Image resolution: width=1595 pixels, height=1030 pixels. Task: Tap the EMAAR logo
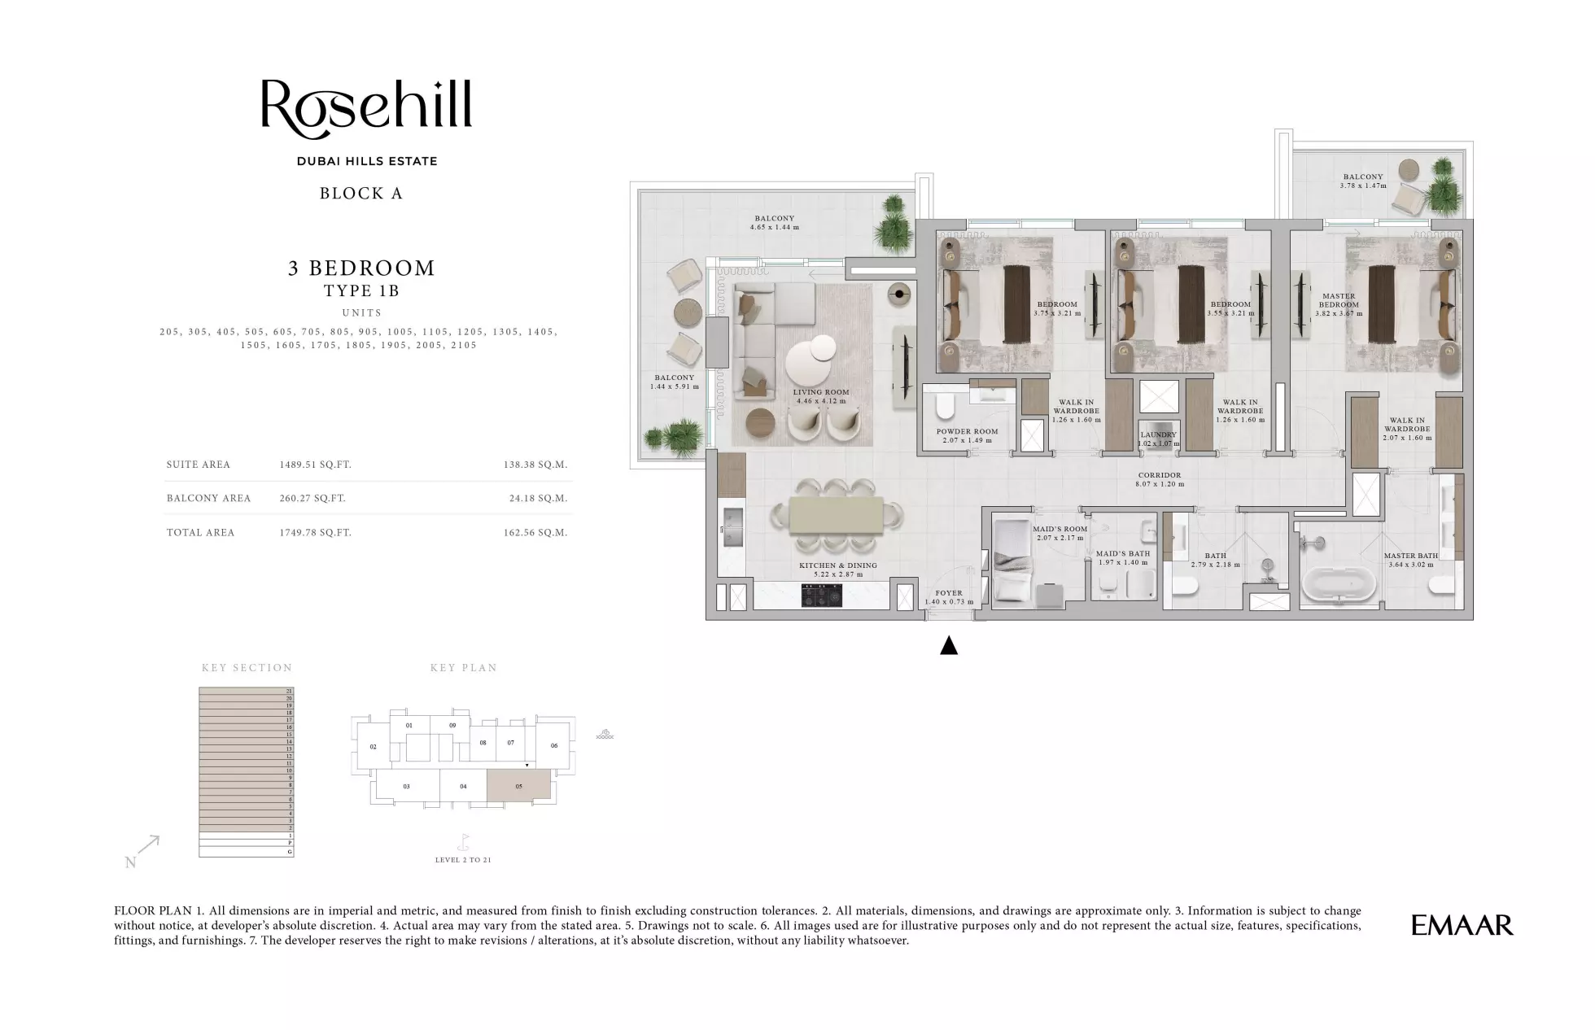click(1462, 925)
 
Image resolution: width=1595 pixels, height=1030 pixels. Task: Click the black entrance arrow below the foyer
click(948, 646)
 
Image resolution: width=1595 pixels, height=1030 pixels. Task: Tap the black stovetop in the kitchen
click(823, 596)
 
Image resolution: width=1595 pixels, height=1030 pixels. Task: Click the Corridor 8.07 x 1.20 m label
click(1160, 479)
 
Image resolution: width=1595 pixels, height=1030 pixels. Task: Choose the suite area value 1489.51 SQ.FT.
click(315, 465)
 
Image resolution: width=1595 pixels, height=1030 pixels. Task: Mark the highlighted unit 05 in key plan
click(518, 787)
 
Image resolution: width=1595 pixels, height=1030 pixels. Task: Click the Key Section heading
click(247, 668)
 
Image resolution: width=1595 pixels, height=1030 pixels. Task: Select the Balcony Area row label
click(208, 498)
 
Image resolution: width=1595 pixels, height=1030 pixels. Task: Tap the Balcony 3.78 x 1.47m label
click(1362, 181)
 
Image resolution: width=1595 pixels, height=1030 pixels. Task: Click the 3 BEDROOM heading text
click(361, 268)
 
